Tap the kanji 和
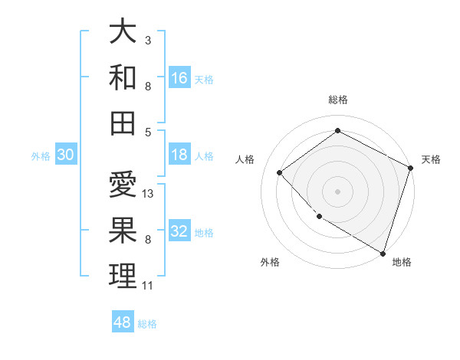123,77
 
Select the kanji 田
123,122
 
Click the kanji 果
123,230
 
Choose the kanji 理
123,275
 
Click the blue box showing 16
179,77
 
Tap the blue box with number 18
179,155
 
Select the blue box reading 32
179,232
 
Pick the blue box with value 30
66,155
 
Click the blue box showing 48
123,322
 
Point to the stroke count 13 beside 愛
149,194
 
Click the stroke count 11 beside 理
147,286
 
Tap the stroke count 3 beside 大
148,39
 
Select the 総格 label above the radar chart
338,100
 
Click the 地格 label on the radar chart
402,262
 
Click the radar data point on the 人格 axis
280,172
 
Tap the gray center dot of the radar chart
338,191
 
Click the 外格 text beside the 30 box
41,156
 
